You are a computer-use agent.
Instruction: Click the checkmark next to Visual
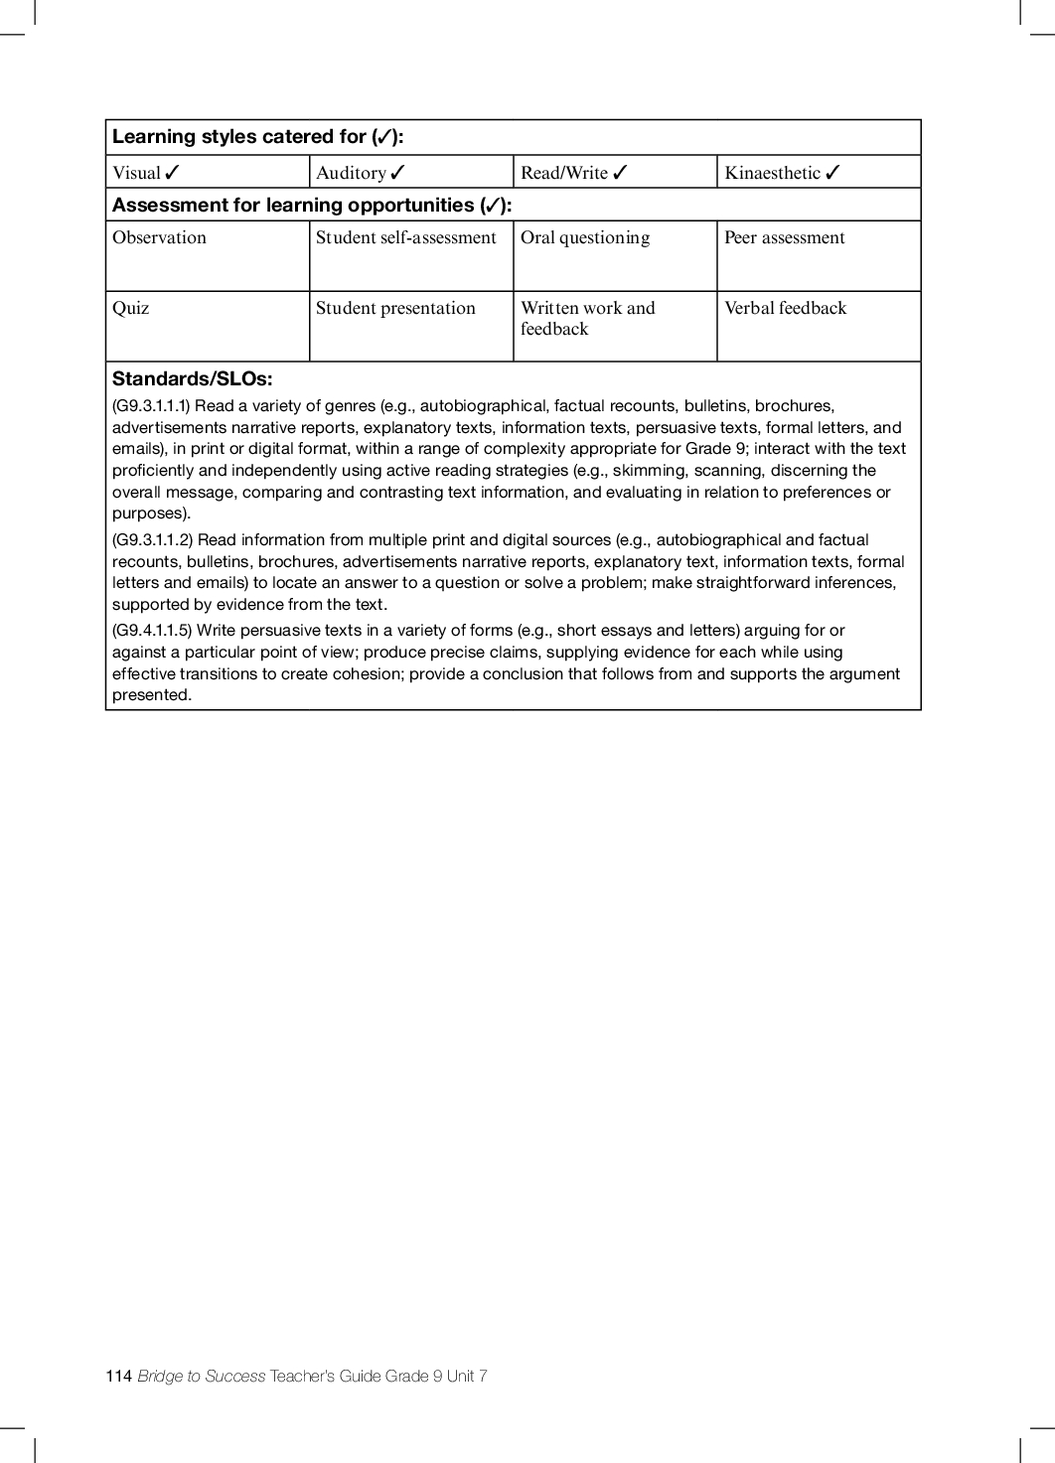(172, 173)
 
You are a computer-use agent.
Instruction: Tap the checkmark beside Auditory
(397, 173)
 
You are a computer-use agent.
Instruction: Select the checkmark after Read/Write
(620, 173)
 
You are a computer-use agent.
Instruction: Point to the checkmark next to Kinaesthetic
(832, 173)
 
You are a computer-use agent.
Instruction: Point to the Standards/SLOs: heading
(192, 378)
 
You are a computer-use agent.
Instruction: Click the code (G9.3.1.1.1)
(151, 406)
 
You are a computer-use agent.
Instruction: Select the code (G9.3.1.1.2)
(152, 540)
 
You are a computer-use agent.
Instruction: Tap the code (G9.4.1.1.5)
(152, 631)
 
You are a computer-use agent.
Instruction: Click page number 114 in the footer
(118, 1376)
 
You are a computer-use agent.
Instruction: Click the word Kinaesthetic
(772, 173)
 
